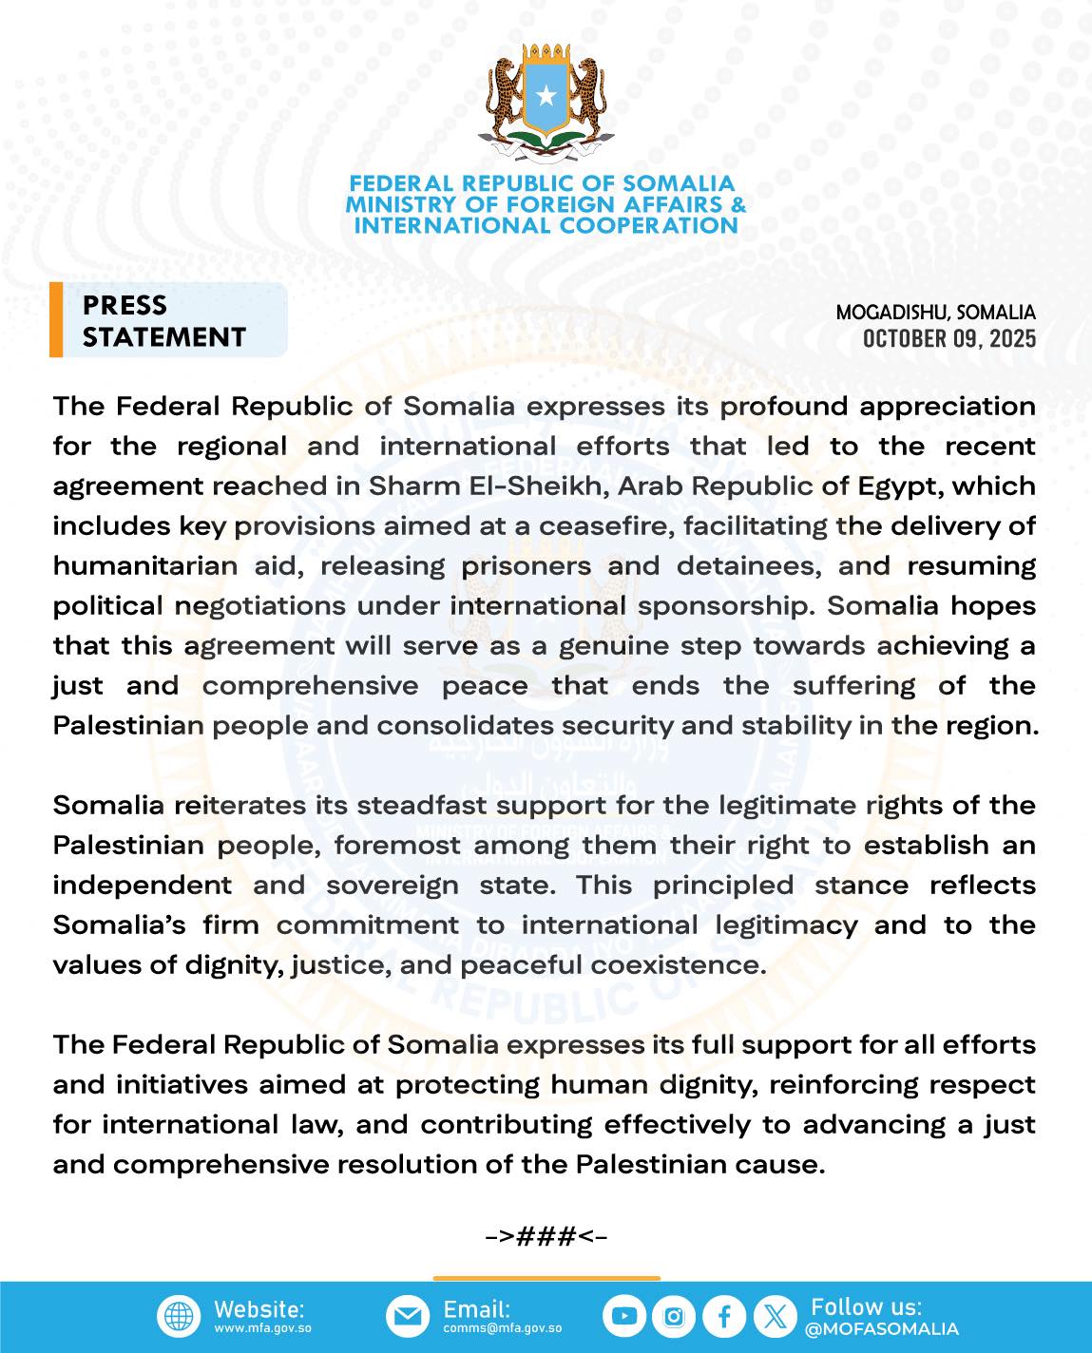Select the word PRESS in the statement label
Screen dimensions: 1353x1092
(x=125, y=305)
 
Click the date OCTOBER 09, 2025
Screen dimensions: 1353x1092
(x=948, y=339)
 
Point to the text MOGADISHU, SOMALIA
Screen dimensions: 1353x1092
(x=935, y=312)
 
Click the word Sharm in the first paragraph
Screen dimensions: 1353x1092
(x=408, y=486)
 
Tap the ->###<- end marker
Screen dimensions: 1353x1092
(x=546, y=1236)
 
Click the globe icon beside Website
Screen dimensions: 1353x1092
(x=179, y=1317)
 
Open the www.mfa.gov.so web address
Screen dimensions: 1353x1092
(x=262, y=1328)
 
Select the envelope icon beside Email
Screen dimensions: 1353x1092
(x=408, y=1317)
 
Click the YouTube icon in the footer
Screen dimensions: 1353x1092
(x=623, y=1317)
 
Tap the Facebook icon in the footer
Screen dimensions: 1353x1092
(x=724, y=1317)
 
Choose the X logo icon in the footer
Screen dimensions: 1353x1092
(x=775, y=1317)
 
